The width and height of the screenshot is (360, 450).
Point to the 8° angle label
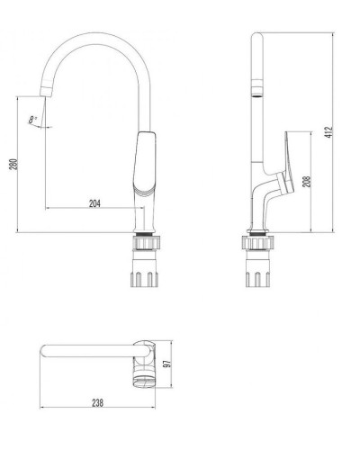[x=32, y=118]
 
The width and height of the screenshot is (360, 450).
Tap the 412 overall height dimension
[x=330, y=131]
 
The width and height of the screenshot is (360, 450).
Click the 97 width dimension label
[x=166, y=364]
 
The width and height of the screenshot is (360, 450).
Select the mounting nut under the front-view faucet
[x=144, y=242]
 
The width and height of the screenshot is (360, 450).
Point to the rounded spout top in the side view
[x=256, y=34]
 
